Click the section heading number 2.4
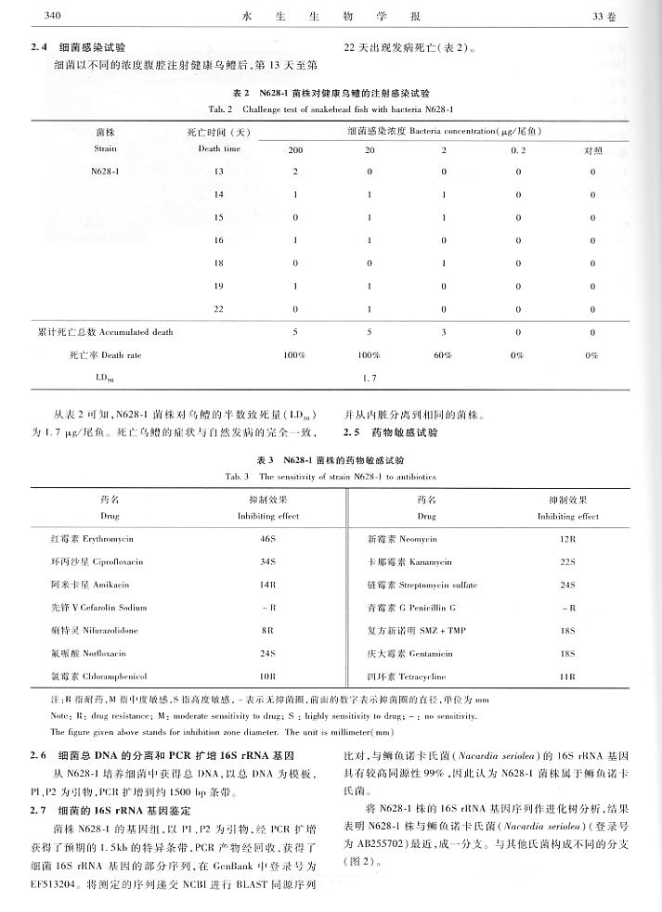pos(36,45)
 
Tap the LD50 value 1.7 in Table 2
pos(369,379)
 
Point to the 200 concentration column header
pos(295,149)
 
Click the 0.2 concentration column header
pos(517,149)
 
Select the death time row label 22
pos(218,308)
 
